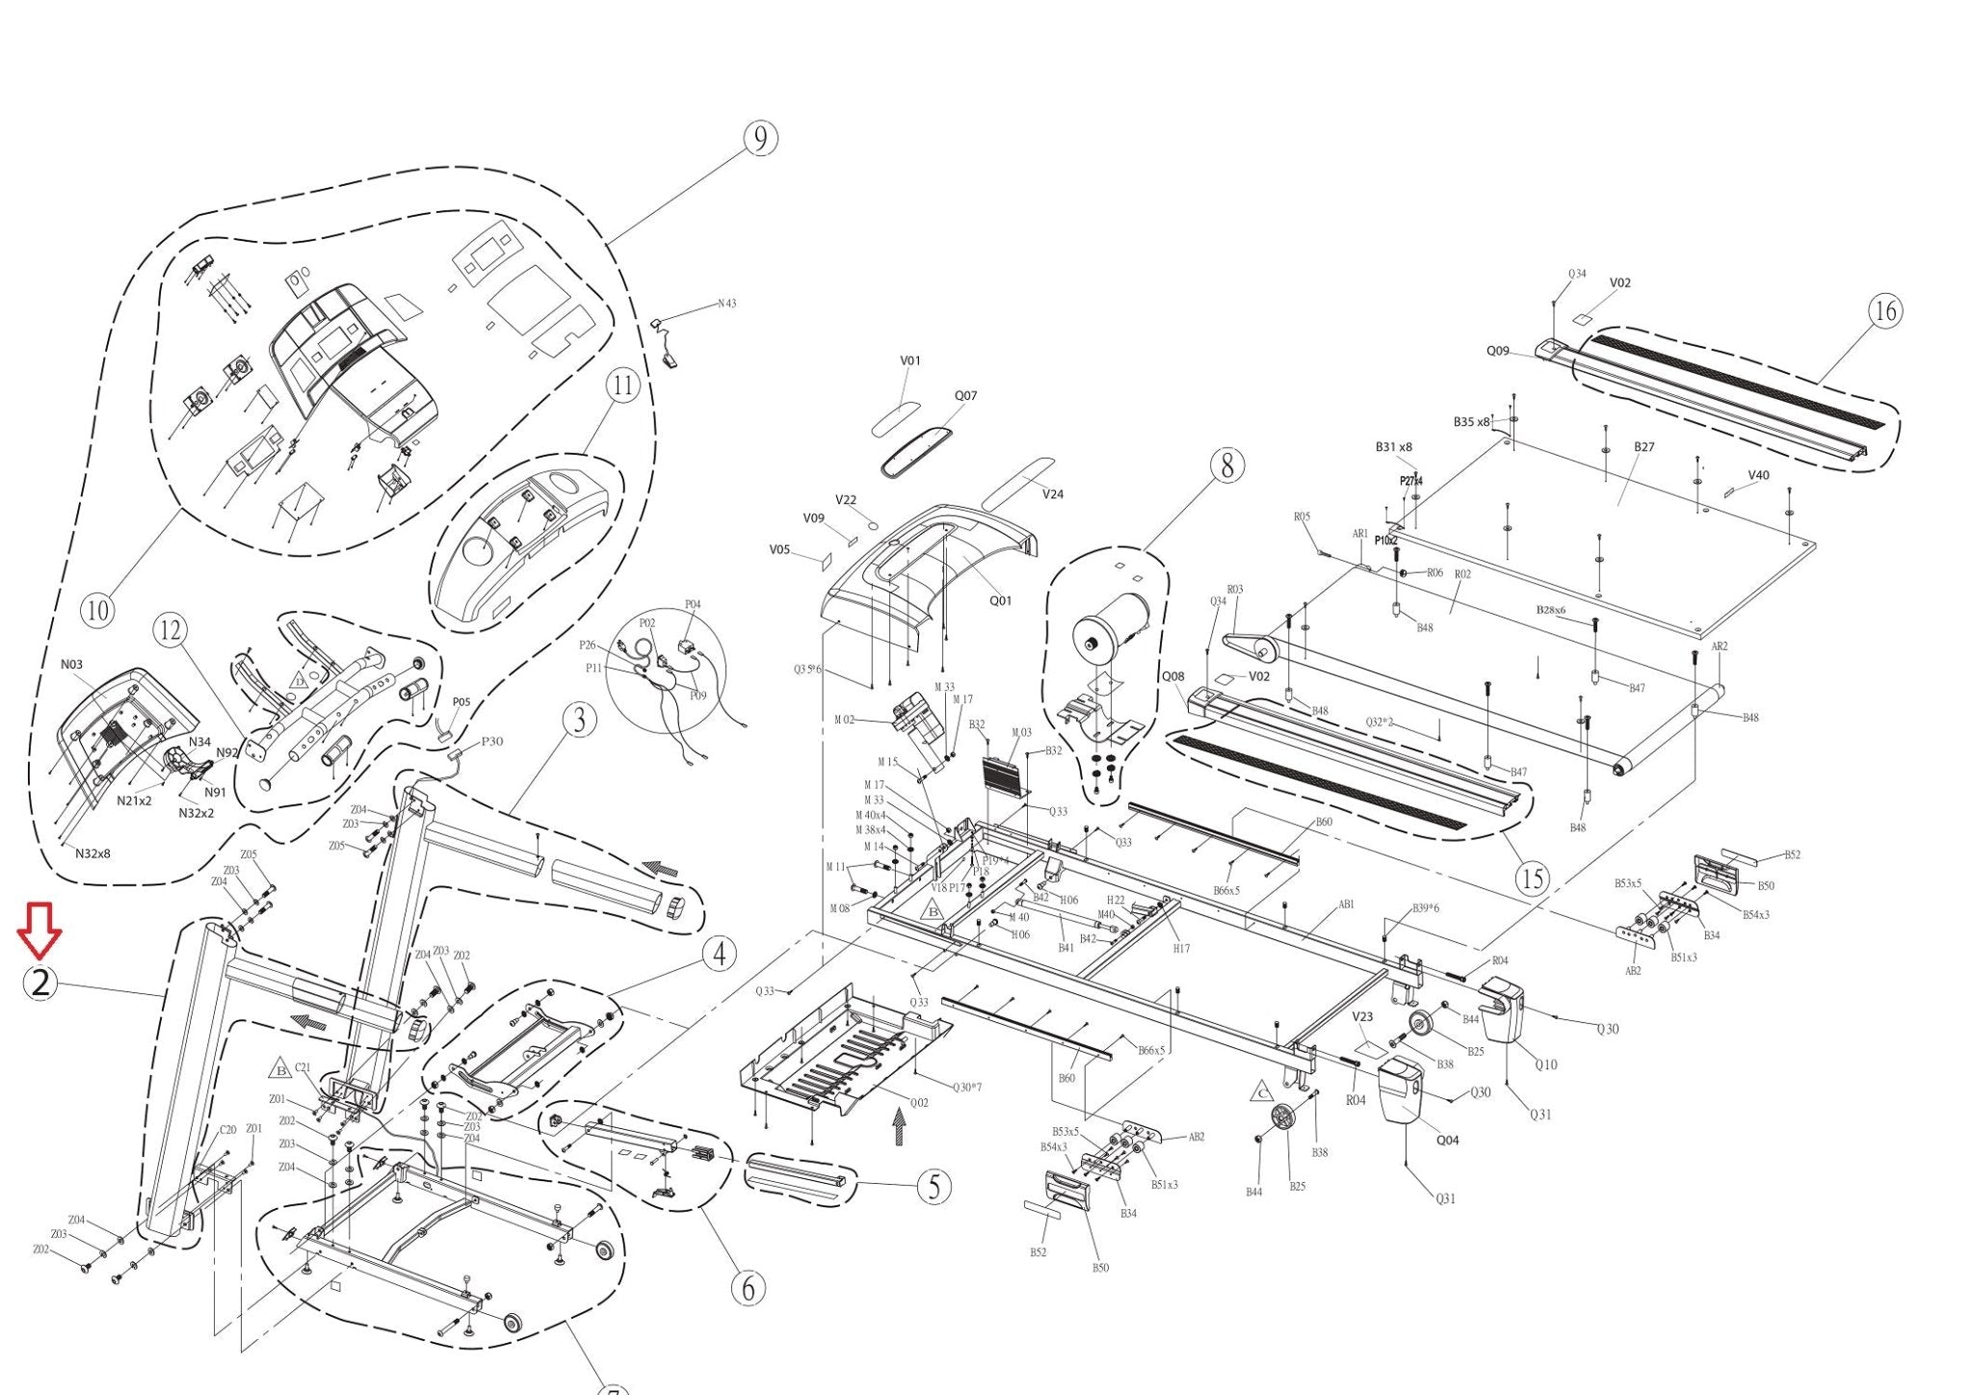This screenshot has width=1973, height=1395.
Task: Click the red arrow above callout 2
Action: point(39,931)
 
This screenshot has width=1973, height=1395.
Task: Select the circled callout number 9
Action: point(760,139)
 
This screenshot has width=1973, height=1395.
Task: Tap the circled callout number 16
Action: point(1884,311)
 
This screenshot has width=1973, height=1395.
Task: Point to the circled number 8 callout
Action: point(1226,465)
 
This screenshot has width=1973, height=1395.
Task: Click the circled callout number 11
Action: point(623,386)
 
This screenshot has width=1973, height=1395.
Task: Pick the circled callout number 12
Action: point(171,631)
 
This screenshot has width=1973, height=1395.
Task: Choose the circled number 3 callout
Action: point(578,720)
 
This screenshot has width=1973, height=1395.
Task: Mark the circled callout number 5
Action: point(934,1187)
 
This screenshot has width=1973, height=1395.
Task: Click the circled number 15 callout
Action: point(1532,878)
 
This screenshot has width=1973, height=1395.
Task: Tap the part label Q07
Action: point(965,396)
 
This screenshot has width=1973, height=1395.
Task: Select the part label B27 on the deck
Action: point(1644,447)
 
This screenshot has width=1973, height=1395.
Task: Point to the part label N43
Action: point(726,303)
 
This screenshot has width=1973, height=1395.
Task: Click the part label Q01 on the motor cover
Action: point(1000,600)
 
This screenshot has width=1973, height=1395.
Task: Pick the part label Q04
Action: point(1447,1140)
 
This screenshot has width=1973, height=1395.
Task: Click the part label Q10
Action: point(1545,1065)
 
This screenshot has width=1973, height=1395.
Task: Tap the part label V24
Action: point(1053,494)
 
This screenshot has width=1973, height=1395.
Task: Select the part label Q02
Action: point(919,1103)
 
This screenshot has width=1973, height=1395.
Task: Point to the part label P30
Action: point(491,741)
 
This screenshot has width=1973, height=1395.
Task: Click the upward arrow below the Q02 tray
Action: point(899,1125)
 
